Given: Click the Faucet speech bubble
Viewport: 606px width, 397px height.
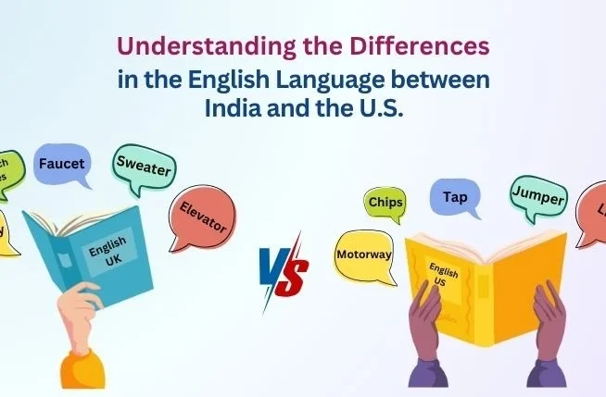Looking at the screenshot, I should [x=61, y=165].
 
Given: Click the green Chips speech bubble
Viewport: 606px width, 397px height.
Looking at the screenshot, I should [x=385, y=202].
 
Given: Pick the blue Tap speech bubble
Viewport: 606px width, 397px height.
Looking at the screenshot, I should [x=455, y=197].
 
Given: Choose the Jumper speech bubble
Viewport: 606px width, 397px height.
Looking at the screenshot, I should [x=537, y=193].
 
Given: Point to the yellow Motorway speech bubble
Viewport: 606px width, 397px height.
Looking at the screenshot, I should [x=364, y=253].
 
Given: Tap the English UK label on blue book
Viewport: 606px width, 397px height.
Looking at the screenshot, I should [x=108, y=252].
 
